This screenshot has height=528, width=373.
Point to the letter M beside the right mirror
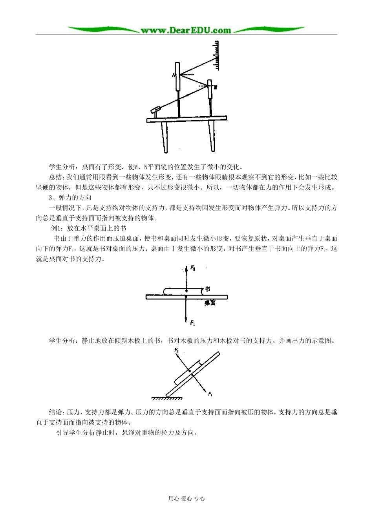tap(216, 85)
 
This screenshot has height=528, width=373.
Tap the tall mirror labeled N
tap(178, 76)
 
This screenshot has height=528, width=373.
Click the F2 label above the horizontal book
tap(193, 267)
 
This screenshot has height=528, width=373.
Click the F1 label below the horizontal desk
tap(192, 323)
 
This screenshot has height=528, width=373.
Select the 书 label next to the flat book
tap(207, 289)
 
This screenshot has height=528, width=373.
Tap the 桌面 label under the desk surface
tap(210, 303)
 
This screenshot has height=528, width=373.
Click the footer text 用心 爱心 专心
tap(186, 499)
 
